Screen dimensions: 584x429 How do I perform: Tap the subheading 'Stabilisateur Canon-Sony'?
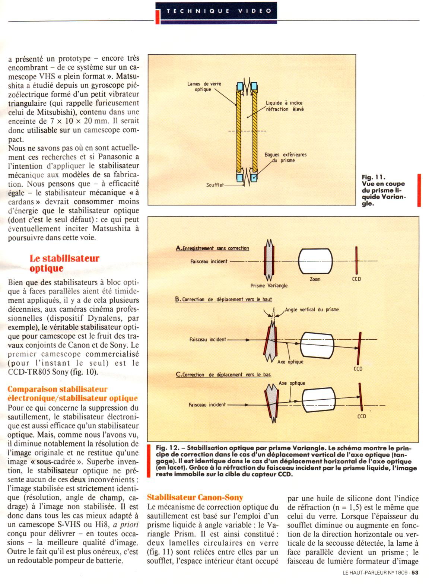point(195,497)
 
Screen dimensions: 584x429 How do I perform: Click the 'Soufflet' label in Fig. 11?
point(215,185)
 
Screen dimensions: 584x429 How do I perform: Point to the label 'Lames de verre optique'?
point(204,86)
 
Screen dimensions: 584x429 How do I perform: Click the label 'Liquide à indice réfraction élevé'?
point(284,106)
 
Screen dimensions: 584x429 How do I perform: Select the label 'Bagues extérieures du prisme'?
point(285,158)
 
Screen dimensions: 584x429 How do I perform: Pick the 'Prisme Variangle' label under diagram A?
point(269,286)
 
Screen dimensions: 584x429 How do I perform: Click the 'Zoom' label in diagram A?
point(315,279)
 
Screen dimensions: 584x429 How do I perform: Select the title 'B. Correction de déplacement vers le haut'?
point(223,299)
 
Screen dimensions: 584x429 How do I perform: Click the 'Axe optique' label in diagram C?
point(292,383)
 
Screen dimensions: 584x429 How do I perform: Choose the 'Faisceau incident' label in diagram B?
point(207,339)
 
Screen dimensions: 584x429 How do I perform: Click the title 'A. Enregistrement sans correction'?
point(212,248)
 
